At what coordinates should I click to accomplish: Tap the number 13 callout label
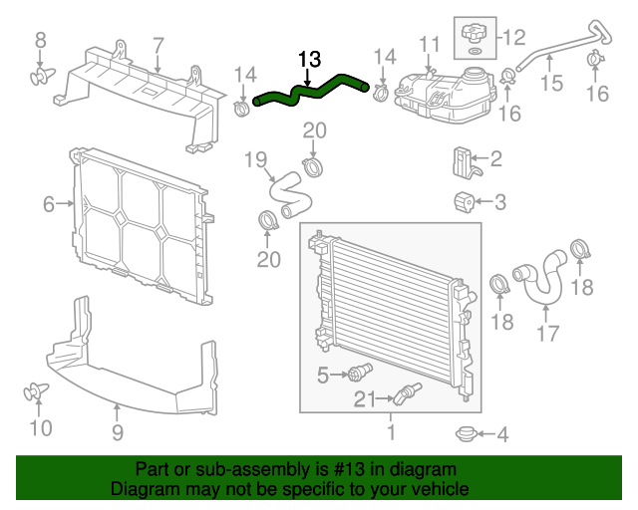310,60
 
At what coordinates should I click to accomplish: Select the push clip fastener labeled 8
41,74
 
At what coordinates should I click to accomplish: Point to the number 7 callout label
158,44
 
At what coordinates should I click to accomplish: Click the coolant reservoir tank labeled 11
439,93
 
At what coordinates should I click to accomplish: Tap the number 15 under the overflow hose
551,84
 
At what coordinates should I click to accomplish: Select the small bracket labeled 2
463,160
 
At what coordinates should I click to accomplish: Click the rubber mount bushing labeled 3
464,201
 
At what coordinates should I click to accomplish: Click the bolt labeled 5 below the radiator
357,375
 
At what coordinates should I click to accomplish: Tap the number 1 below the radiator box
391,433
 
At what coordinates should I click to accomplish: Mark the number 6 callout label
48,205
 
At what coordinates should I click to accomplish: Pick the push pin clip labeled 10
38,392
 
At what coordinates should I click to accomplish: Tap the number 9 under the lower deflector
117,432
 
